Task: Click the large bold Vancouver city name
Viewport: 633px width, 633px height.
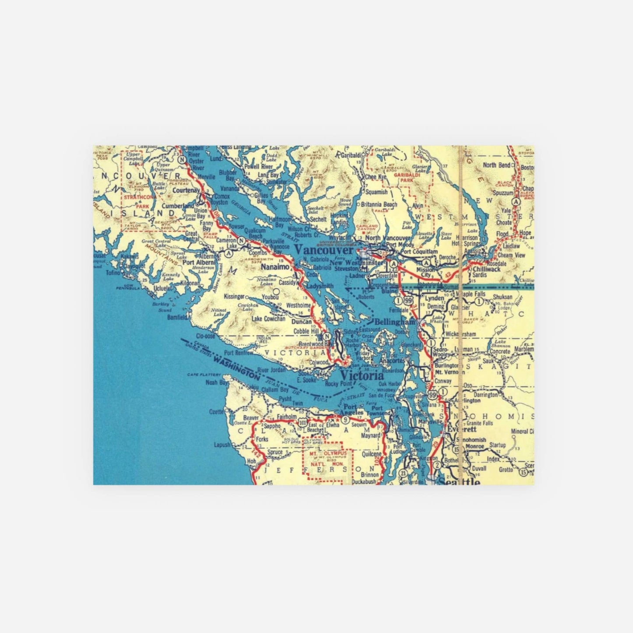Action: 324,250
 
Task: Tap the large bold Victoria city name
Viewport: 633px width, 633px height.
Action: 361,376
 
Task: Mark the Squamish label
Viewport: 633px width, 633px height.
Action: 376,192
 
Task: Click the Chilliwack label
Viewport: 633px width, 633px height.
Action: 486,269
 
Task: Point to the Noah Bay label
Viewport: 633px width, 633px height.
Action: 218,382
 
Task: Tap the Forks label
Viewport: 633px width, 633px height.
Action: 262,439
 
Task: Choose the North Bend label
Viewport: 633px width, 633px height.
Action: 496,165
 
